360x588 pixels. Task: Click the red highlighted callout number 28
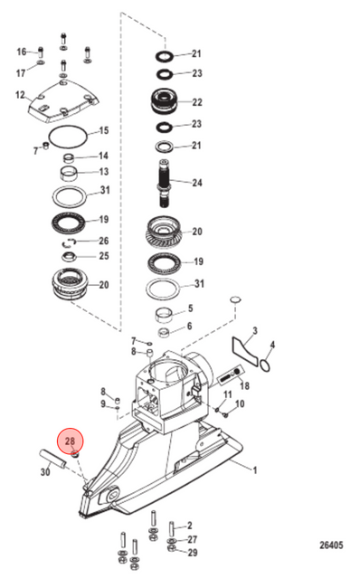click(x=71, y=441)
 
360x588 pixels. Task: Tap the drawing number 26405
click(x=331, y=545)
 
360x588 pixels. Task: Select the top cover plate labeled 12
click(x=63, y=101)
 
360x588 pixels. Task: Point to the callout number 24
click(x=197, y=183)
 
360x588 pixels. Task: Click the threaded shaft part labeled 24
click(x=165, y=183)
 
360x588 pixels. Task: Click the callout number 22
click(x=197, y=102)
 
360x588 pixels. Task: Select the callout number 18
click(x=244, y=385)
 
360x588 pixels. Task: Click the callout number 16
click(x=22, y=52)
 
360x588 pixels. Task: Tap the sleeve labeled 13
click(x=69, y=174)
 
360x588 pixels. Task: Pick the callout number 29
click(x=193, y=553)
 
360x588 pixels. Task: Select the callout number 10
click(x=240, y=403)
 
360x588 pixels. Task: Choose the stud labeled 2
click(x=172, y=529)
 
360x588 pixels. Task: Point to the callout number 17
click(x=21, y=72)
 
